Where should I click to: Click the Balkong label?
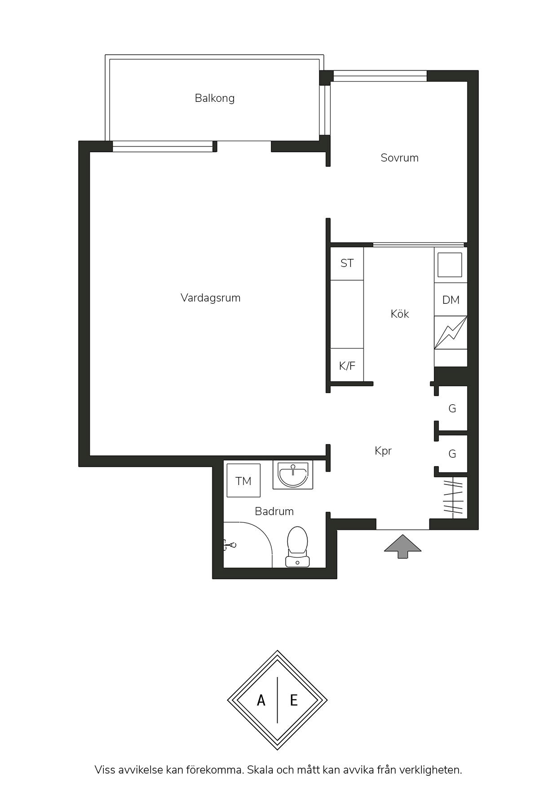point(215,98)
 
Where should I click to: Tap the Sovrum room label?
point(399,158)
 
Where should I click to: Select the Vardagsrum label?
point(211,298)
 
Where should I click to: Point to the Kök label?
point(400,314)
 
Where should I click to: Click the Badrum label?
point(274,511)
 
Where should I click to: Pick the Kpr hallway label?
point(383,451)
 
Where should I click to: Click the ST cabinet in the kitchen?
point(347,263)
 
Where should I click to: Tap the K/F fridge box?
point(347,365)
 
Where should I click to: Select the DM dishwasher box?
point(451,300)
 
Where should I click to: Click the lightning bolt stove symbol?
point(451,332)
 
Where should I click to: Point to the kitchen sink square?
point(450,265)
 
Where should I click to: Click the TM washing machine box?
point(243,481)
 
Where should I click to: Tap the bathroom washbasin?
point(293,475)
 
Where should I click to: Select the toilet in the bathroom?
point(297,547)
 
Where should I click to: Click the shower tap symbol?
point(230,546)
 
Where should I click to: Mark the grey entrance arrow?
point(402,546)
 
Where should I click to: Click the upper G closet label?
point(452,409)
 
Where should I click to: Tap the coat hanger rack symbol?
point(454,497)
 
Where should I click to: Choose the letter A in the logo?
point(261,700)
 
